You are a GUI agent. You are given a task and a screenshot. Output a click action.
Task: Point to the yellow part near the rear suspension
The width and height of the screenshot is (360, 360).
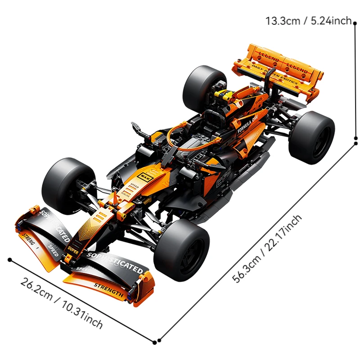point(224,94)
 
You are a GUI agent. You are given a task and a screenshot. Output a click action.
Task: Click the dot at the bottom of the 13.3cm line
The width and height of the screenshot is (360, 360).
point(355,143)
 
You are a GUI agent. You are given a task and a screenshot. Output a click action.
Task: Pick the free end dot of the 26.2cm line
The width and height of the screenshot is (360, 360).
point(9,259)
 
